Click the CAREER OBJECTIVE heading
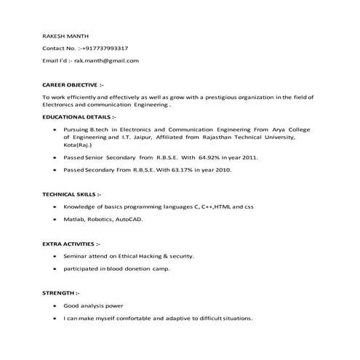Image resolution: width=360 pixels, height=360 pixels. pos(73,84)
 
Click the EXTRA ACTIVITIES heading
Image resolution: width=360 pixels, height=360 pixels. pos(71,244)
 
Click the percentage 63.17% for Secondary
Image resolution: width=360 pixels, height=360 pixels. pos(182,169)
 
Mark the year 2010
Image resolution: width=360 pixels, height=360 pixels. pos(223,169)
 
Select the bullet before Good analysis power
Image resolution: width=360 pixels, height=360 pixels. pos(55,306)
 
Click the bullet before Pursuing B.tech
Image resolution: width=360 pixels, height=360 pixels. pos(55,127)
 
